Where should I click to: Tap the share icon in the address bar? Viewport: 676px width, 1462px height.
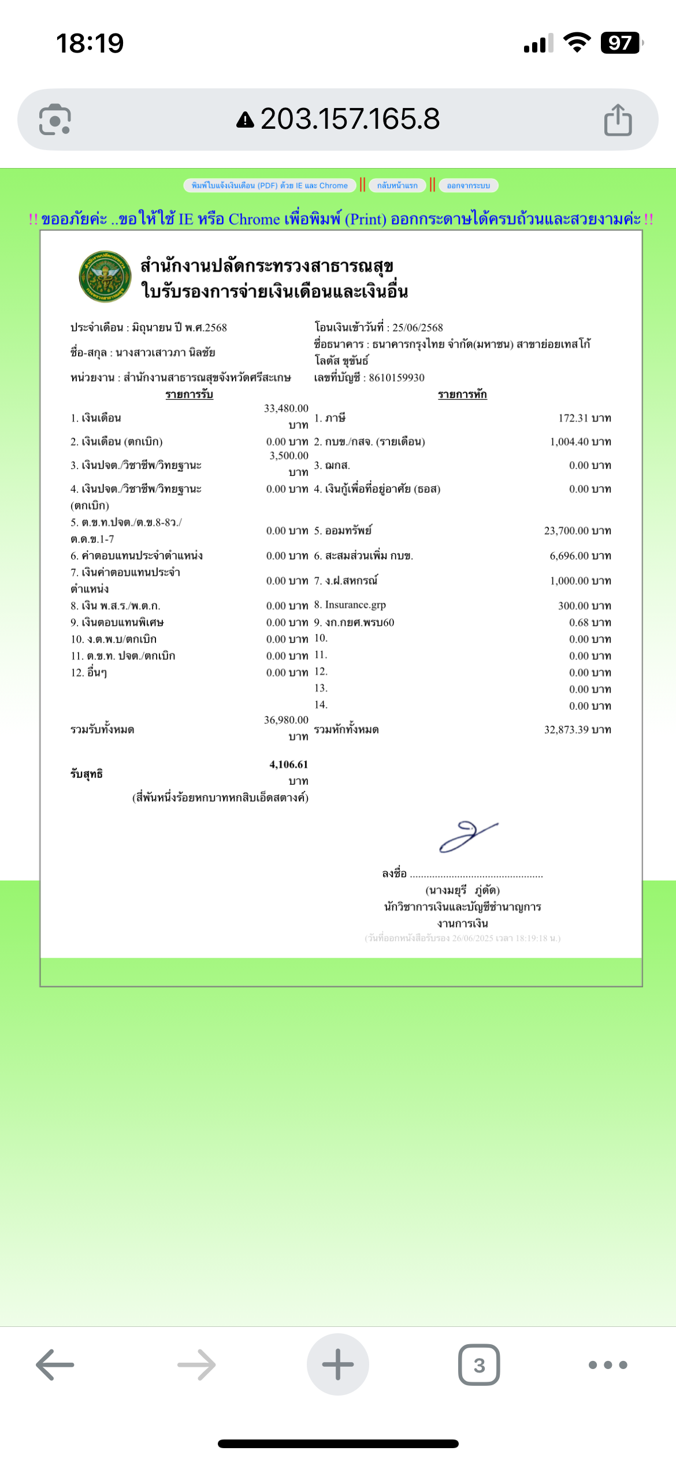pyautogui.click(x=618, y=120)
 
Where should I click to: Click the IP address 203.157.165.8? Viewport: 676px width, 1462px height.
pyautogui.click(x=350, y=119)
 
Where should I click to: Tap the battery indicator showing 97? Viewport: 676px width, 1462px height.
pyautogui.click(x=621, y=43)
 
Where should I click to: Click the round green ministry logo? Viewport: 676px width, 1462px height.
pyautogui.click(x=105, y=277)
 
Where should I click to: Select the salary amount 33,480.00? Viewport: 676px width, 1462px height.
pyautogui.click(x=286, y=409)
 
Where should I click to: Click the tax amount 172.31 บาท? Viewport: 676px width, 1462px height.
pyautogui.click(x=584, y=418)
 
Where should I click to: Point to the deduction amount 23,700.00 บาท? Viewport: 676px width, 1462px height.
pyautogui.click(x=577, y=531)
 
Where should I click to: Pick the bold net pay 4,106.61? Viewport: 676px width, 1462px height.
pyautogui.click(x=288, y=764)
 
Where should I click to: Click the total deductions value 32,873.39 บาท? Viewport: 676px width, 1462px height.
pyautogui.click(x=577, y=730)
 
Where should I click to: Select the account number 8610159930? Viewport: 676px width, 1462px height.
pyautogui.click(x=396, y=378)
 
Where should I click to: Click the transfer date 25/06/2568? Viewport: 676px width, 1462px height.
pyautogui.click(x=417, y=327)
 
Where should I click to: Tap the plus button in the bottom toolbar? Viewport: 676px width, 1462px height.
pyautogui.click(x=338, y=1364)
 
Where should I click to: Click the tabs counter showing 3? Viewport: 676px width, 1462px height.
pyautogui.click(x=479, y=1365)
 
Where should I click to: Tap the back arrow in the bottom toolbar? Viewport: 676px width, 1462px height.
pyautogui.click(x=55, y=1365)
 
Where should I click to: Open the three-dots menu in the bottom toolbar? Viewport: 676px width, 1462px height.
pyautogui.click(x=607, y=1365)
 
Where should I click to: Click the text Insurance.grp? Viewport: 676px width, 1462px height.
pyautogui.click(x=355, y=605)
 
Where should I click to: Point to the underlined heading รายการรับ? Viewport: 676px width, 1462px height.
pyautogui.click(x=189, y=394)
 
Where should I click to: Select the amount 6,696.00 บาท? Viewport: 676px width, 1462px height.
pyautogui.click(x=580, y=556)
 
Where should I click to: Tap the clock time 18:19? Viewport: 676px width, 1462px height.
pyautogui.click(x=90, y=43)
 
